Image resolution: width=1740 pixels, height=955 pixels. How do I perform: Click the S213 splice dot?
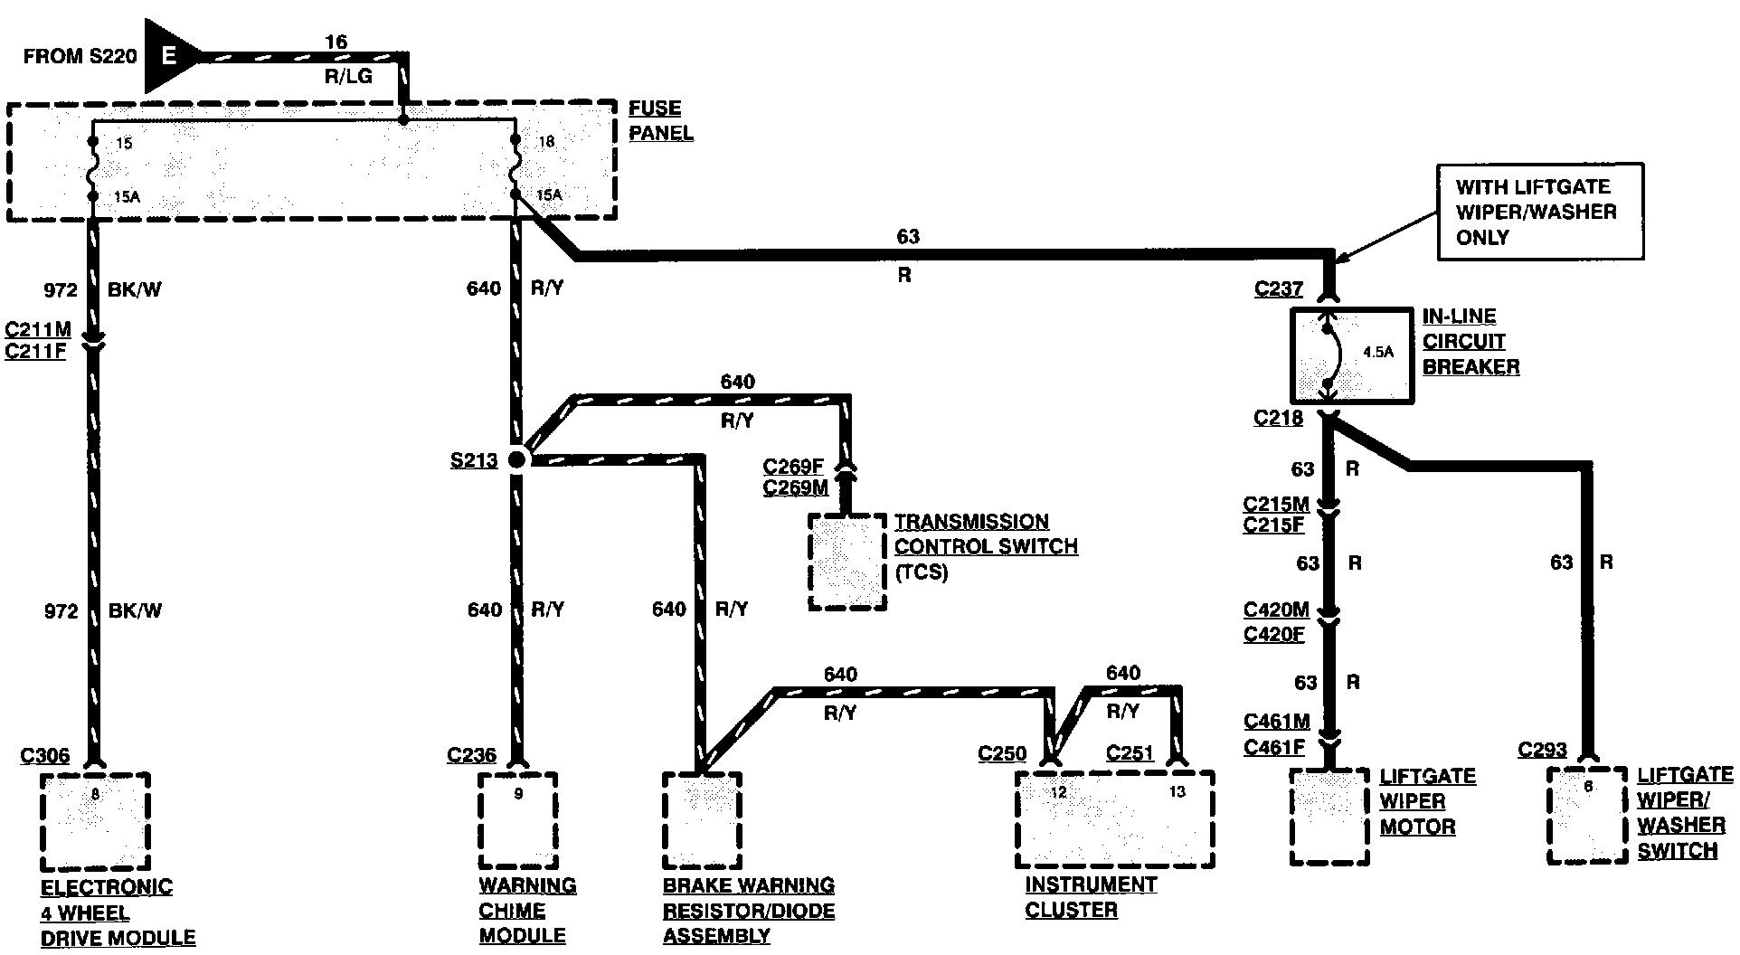click(x=517, y=459)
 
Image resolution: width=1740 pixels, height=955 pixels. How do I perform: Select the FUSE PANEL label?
click(x=661, y=120)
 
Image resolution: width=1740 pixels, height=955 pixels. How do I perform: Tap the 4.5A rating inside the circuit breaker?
click(x=1377, y=353)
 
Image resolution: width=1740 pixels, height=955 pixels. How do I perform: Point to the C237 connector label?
click(x=1278, y=289)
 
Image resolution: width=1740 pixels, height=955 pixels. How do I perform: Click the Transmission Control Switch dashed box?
click(x=846, y=562)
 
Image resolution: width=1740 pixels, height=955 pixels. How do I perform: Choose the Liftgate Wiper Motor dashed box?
click(x=1329, y=817)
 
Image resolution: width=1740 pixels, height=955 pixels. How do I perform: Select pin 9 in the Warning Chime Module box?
click(x=518, y=795)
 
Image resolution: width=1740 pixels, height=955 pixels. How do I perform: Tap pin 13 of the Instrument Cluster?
click(x=1177, y=792)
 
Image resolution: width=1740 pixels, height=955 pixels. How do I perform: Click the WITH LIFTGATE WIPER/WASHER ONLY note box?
click(x=1540, y=212)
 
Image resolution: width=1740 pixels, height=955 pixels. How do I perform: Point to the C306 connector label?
click(x=46, y=755)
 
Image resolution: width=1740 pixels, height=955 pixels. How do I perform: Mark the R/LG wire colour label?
click(x=348, y=77)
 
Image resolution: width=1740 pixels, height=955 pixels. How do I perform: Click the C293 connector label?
click(x=1542, y=750)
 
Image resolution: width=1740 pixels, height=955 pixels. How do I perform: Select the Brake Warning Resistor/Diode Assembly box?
click(x=702, y=819)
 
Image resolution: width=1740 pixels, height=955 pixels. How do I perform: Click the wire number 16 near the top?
click(x=336, y=42)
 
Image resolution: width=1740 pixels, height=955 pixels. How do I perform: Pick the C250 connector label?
click(x=1002, y=753)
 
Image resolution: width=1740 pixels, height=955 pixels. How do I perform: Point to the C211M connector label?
click(x=37, y=329)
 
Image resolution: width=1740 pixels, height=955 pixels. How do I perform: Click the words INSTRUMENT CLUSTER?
click(x=1091, y=897)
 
